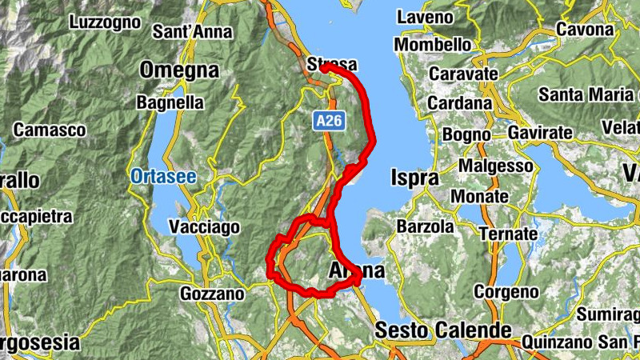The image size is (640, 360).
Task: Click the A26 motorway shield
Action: tap(325, 119)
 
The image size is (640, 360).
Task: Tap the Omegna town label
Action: tap(179, 70)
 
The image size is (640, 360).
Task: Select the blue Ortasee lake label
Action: tap(163, 176)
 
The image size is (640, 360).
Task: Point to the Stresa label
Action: tap(331, 64)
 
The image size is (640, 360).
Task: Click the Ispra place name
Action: tap(414, 178)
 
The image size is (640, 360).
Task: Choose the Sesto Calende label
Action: tap(443, 330)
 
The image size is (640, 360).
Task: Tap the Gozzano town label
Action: tap(212, 294)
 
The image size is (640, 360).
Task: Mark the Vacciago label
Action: tap(204, 227)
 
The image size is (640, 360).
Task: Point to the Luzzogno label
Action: tap(105, 23)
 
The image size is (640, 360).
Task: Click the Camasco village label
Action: tap(50, 130)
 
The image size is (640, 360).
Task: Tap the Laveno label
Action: tap(425, 17)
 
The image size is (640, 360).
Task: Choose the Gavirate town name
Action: tap(541, 132)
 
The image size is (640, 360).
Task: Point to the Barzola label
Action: tap(425, 226)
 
